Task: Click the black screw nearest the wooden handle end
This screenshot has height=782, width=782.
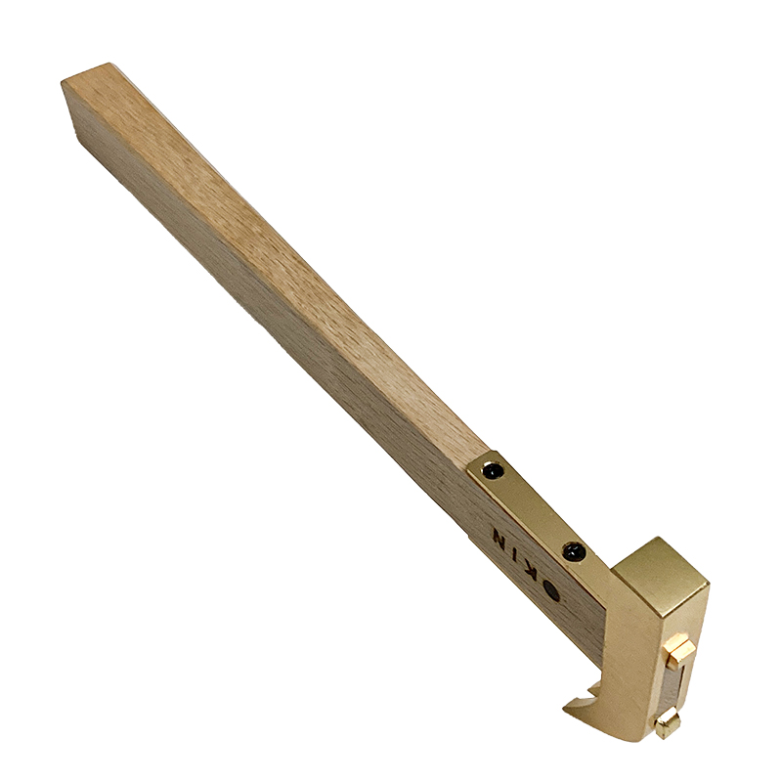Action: [x=493, y=470]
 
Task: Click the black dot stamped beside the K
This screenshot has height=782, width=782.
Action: [x=552, y=591]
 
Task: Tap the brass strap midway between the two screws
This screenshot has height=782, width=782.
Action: [x=532, y=511]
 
